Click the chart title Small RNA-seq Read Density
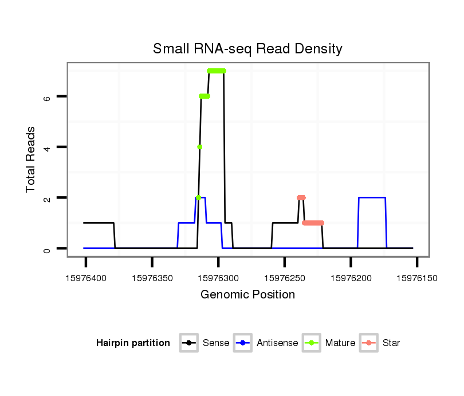pyautogui.click(x=247, y=49)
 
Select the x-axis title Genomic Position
pyautogui.click(x=247, y=295)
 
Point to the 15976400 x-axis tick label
pyautogui.click(x=86, y=278)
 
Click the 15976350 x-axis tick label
pyautogui.click(x=152, y=278)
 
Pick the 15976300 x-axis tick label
pyautogui.click(x=218, y=278)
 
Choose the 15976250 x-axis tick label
pyautogui.click(x=284, y=278)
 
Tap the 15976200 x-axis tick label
pyautogui.click(x=351, y=278)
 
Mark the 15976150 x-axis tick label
pyautogui.click(x=416, y=278)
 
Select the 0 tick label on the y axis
pyautogui.click(x=47, y=249)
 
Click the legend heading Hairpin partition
pyautogui.click(x=133, y=343)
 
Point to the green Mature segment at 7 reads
pyautogui.click(x=217, y=71)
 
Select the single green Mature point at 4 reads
pyautogui.click(x=199, y=147)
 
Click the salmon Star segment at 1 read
pyautogui.click(x=313, y=223)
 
